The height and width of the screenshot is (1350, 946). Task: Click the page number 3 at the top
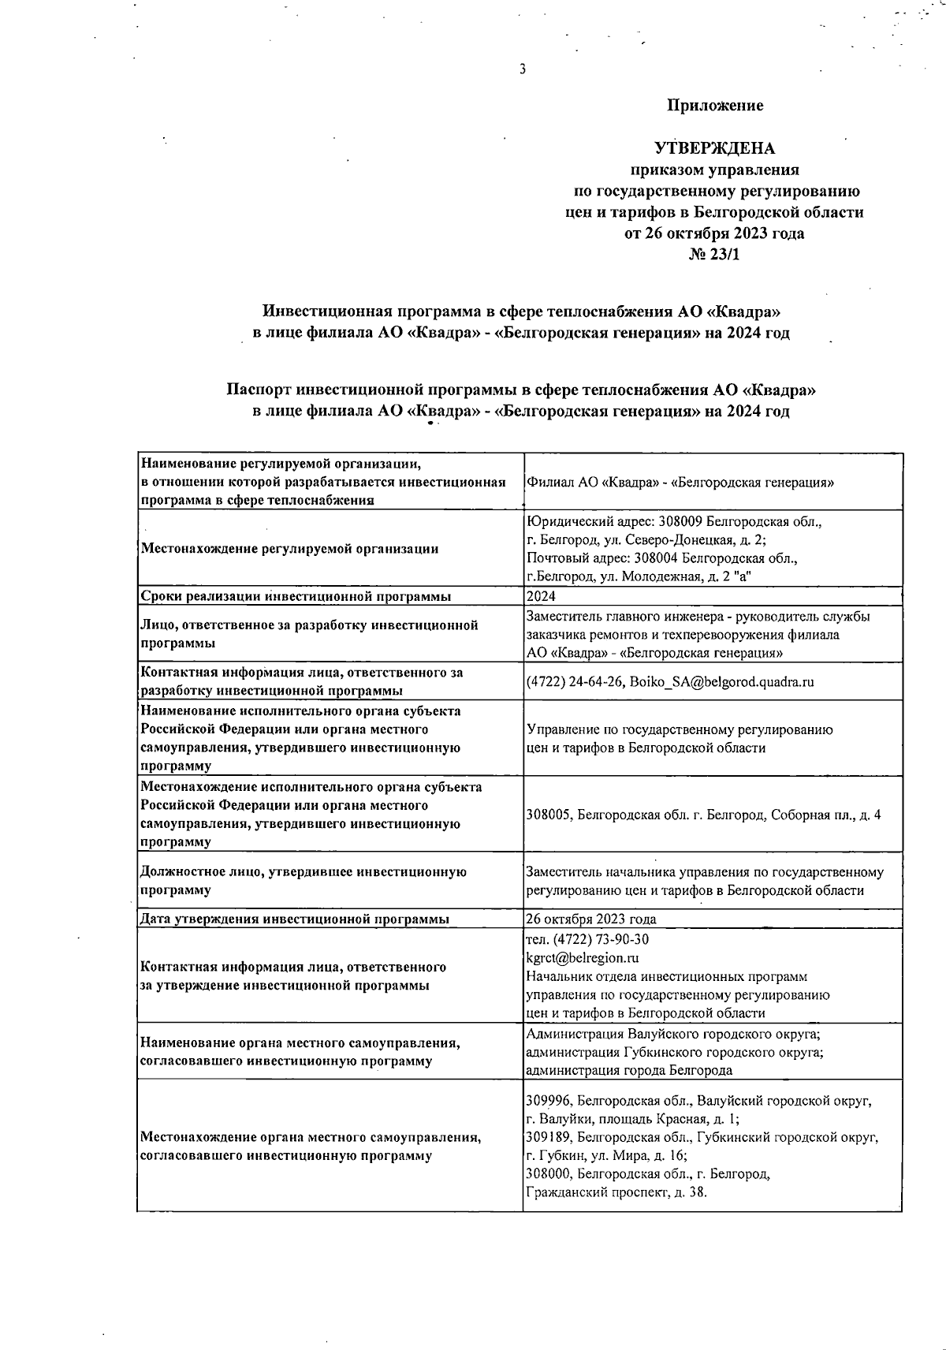click(x=522, y=69)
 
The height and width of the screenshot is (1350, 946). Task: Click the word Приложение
click(x=715, y=106)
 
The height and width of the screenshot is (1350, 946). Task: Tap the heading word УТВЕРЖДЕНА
click(x=715, y=148)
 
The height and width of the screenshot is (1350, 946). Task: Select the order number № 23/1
click(x=714, y=255)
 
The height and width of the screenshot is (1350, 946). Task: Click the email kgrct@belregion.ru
click(x=583, y=958)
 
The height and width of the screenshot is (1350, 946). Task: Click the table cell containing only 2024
click(x=541, y=597)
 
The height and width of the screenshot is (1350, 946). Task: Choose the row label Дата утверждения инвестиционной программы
click(x=295, y=919)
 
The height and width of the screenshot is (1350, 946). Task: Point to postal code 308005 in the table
click(x=549, y=815)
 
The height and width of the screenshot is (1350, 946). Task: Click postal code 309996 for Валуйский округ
click(x=549, y=1101)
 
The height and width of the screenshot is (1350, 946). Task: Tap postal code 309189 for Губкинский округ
click(x=549, y=1137)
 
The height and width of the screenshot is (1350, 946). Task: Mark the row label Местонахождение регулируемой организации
click(x=289, y=549)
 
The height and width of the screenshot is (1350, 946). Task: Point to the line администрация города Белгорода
click(x=629, y=1071)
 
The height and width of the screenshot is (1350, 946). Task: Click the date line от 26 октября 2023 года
click(x=714, y=233)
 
